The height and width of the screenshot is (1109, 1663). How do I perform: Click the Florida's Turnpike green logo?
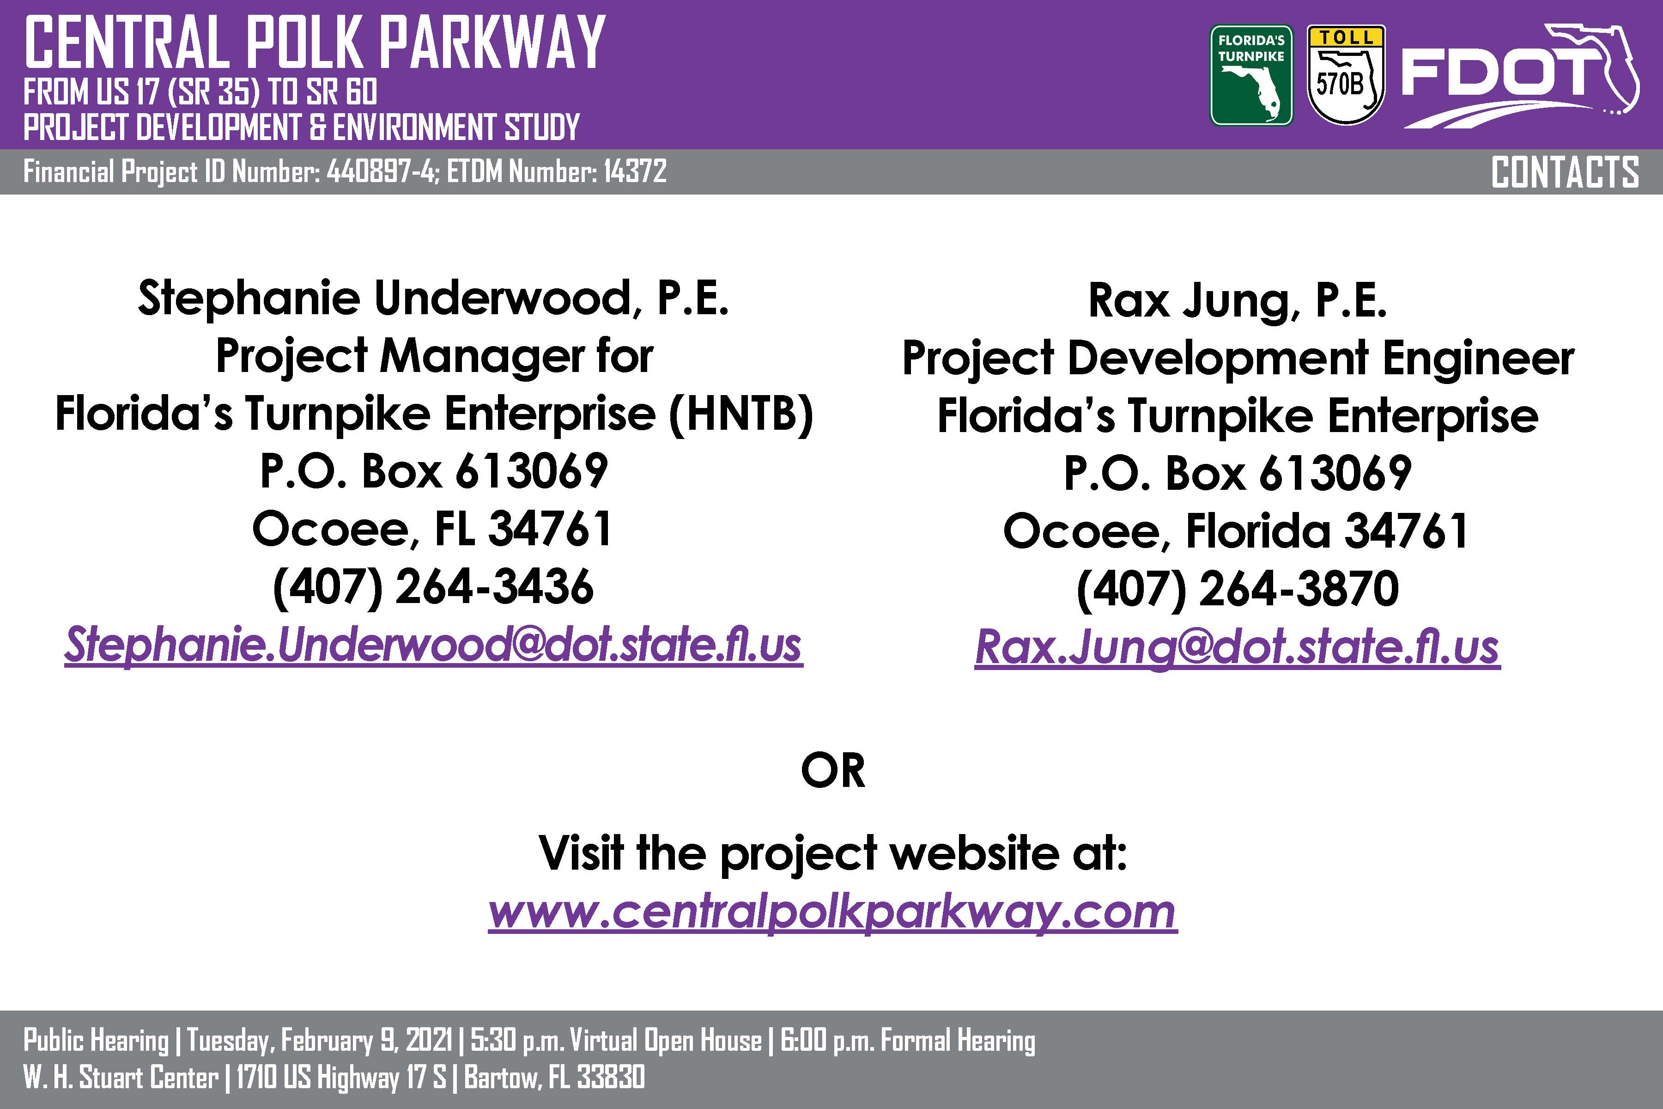[x=1251, y=76]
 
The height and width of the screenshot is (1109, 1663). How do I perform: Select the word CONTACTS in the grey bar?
[x=1565, y=172]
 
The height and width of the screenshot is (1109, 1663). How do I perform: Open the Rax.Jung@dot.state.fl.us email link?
[x=1238, y=647]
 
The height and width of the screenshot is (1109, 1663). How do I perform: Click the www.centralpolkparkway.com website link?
[x=832, y=912]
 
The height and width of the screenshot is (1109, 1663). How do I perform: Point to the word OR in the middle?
[x=833, y=770]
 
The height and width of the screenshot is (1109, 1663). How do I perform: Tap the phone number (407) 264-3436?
[x=433, y=587]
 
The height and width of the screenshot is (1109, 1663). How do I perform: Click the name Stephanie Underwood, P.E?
[x=433, y=298]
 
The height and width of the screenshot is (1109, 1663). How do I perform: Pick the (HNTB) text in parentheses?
[x=741, y=414]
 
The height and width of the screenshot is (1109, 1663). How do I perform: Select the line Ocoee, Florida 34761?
[x=1236, y=531]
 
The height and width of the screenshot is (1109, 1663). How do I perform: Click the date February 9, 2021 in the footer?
[x=366, y=1041]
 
